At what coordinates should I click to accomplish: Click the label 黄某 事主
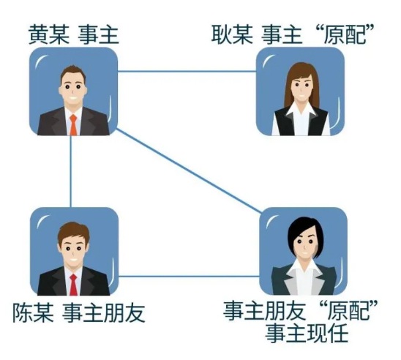[x=74, y=35]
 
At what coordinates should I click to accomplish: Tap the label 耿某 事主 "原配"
[x=293, y=34]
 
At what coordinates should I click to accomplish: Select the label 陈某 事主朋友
[x=79, y=312]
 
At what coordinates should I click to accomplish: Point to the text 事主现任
[x=307, y=333]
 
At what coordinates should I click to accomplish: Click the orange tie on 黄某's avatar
[x=73, y=125]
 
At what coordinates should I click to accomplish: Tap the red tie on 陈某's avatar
[x=73, y=285]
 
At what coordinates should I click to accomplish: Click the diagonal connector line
[x=189, y=170]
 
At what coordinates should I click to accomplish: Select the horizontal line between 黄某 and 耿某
[x=187, y=71]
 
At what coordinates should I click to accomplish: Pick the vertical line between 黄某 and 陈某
[x=71, y=171]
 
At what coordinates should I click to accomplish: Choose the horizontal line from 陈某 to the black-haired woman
[x=190, y=276]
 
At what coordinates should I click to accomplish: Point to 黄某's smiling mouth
[x=73, y=99]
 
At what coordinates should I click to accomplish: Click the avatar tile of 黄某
[x=73, y=91]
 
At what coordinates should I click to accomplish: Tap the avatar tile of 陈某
[x=74, y=251]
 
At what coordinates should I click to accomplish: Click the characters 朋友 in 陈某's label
[x=124, y=312]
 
